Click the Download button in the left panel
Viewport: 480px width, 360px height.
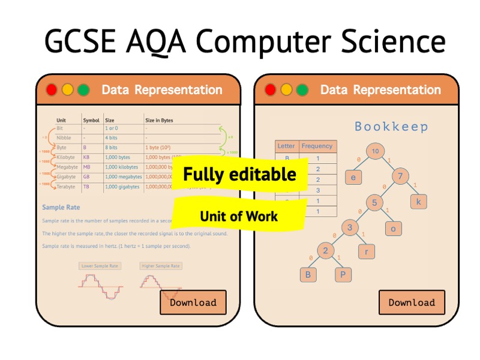(193, 302)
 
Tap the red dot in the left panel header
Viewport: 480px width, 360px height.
(52, 90)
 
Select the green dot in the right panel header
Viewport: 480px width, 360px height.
(302, 90)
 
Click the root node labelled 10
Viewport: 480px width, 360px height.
(375, 151)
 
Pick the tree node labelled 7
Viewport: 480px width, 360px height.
(401, 176)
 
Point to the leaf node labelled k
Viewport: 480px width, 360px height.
(419, 202)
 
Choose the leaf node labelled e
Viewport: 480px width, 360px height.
(353, 177)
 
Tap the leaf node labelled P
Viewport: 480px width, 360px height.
(343, 274)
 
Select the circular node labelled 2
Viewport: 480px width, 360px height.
(325, 251)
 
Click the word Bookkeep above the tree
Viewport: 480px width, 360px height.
(391, 127)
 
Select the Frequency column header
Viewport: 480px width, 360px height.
(317, 146)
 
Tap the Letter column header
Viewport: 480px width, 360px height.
(286, 146)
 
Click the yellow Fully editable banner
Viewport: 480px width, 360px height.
(239, 175)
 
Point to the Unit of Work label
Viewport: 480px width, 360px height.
(239, 216)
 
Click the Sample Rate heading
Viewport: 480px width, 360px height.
(61, 208)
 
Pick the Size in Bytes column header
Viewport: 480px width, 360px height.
(159, 120)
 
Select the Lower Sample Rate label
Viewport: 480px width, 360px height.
(100, 266)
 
